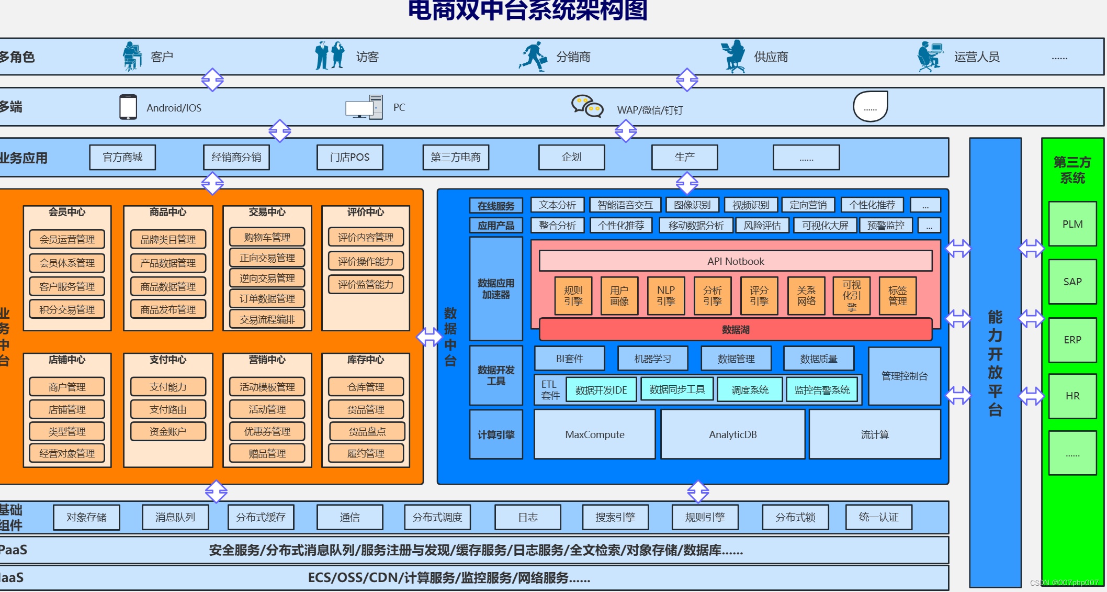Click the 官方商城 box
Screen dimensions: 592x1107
tap(122, 158)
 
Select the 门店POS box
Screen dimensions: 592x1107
tap(349, 158)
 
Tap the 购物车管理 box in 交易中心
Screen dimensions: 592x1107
tap(267, 237)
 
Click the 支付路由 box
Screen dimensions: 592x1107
tap(168, 409)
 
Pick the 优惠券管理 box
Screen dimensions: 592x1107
tap(267, 431)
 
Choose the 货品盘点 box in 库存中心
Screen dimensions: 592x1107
tap(367, 431)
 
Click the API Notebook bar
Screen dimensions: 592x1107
tap(735, 261)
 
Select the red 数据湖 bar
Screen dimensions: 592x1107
tap(735, 330)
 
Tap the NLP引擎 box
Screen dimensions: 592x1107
tap(665, 296)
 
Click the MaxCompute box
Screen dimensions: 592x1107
tap(594, 434)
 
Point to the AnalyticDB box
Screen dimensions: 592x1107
tap(732, 434)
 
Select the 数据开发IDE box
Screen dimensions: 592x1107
tap(601, 390)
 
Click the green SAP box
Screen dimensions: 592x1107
tap(1072, 282)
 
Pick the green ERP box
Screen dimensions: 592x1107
tap(1072, 340)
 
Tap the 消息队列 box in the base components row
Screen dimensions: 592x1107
tap(175, 517)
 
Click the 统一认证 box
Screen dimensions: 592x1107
tap(878, 517)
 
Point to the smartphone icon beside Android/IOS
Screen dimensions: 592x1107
tap(128, 107)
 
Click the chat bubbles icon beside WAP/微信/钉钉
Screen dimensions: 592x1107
tap(587, 106)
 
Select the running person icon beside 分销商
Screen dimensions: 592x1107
tap(533, 57)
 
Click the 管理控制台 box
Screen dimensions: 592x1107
tap(904, 376)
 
